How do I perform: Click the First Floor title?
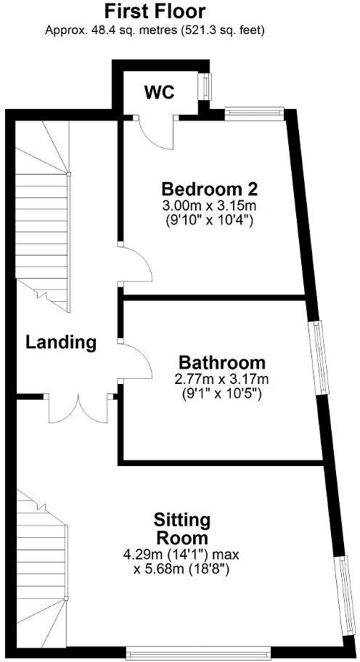click(154, 12)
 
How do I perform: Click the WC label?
click(158, 92)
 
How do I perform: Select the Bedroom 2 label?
click(209, 189)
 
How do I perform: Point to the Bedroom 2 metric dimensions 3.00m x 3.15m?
click(209, 206)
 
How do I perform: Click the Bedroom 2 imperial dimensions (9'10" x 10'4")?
click(209, 220)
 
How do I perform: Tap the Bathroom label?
click(222, 362)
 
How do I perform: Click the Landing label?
click(61, 342)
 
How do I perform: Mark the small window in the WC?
click(205, 87)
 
